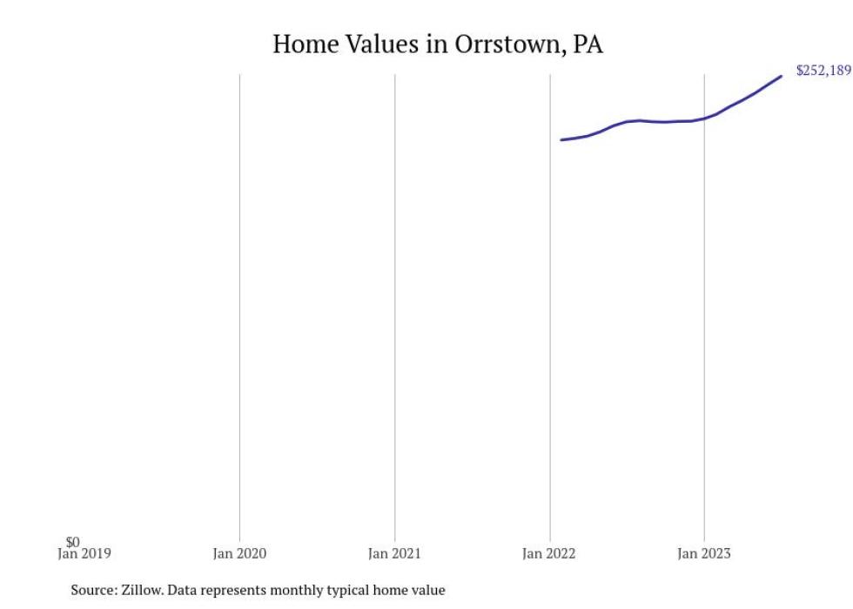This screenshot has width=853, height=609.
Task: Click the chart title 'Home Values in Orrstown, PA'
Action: click(x=437, y=44)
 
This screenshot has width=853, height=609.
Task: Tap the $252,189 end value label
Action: click(x=823, y=71)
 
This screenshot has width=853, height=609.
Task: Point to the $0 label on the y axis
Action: click(x=72, y=542)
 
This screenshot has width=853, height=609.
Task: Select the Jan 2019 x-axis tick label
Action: click(x=84, y=553)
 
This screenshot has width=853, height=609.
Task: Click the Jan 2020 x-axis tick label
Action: click(x=239, y=553)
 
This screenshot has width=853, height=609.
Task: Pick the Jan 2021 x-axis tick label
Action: click(x=394, y=553)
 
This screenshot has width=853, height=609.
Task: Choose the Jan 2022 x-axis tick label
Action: click(x=549, y=553)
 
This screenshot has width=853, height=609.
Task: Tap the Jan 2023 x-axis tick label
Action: click(x=704, y=553)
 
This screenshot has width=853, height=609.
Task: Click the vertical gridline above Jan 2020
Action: click(x=239, y=305)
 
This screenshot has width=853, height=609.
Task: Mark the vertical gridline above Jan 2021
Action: click(x=394, y=305)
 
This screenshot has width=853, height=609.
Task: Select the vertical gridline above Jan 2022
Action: click(x=550, y=348)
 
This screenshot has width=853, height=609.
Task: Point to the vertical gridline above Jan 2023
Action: click(x=704, y=348)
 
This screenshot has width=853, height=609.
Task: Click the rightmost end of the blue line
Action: click(x=781, y=76)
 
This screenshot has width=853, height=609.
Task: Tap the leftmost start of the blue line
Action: click(x=561, y=139)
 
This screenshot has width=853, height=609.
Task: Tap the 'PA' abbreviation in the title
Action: click(x=588, y=44)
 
